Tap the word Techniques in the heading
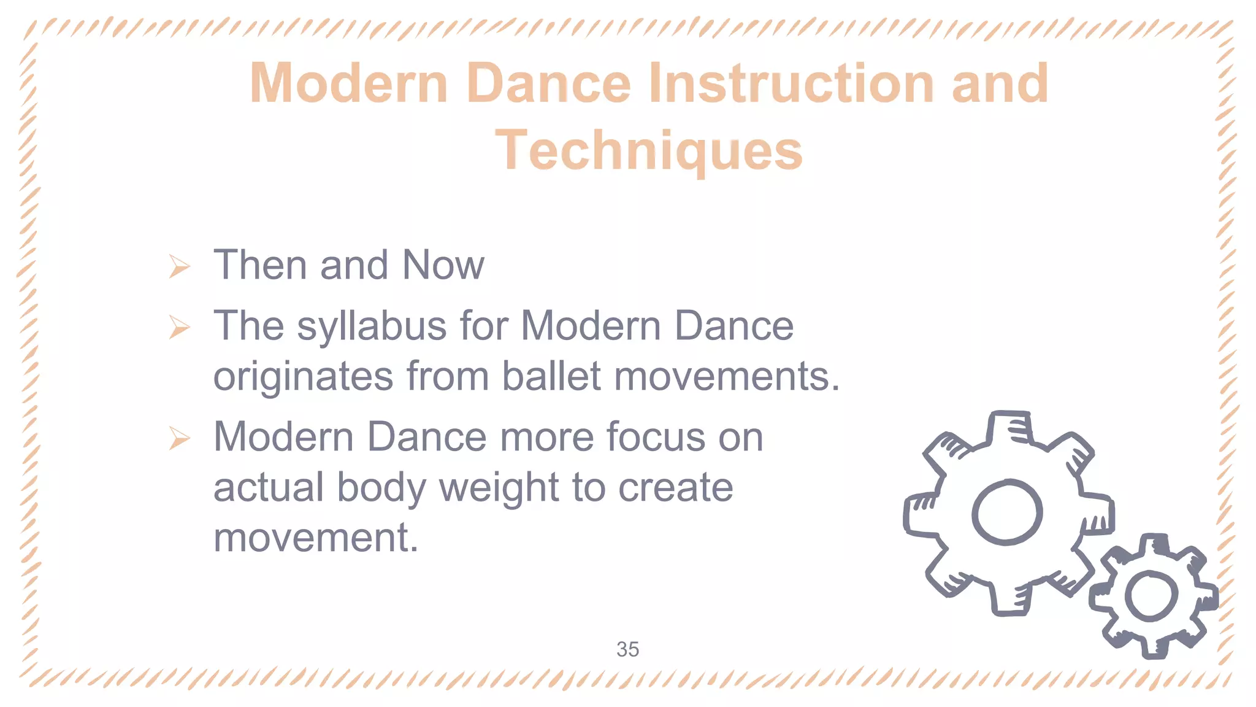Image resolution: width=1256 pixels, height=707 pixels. (x=648, y=150)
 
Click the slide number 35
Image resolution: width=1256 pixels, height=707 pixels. (x=627, y=649)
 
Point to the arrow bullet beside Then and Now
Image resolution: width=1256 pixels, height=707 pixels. (x=179, y=266)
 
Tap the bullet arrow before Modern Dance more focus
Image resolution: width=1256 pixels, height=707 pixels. (x=179, y=438)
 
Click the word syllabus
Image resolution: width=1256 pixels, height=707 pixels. (x=372, y=326)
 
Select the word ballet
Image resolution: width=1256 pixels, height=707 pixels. (x=551, y=376)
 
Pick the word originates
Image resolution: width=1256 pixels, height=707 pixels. (x=303, y=377)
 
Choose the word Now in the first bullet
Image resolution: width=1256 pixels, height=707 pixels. (x=443, y=265)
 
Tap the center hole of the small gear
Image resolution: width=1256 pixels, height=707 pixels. (x=1151, y=595)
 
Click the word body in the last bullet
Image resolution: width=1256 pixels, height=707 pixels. (x=381, y=489)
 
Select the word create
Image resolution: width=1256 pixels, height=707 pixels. (x=675, y=489)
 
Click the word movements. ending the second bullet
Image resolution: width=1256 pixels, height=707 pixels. (x=726, y=376)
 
